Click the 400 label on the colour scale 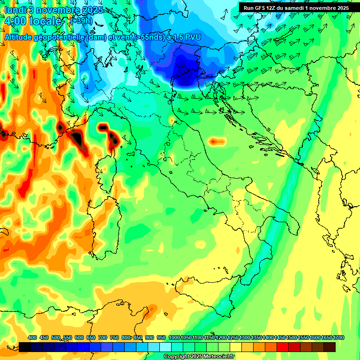(32, 337)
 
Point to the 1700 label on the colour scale (338, 337)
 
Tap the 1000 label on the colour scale (174, 337)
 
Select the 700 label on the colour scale (103, 337)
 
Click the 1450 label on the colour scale (280, 337)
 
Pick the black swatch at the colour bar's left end (25, 347)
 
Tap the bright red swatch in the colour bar (283, 347)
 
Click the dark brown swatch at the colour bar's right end (330, 347)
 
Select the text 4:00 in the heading (15, 21)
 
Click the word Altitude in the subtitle (18, 36)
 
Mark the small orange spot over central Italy (216, 141)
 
